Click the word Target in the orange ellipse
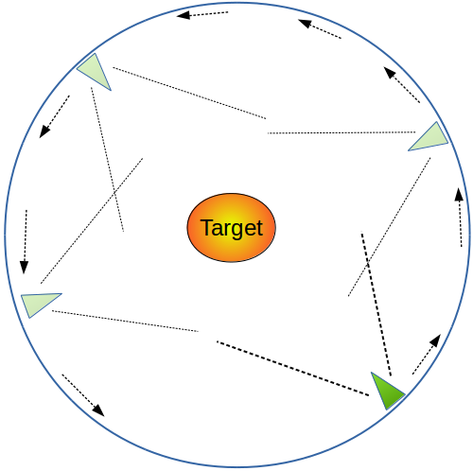232,228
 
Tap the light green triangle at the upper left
96,71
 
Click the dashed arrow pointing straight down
25,242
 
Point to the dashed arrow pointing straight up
460,218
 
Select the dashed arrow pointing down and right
83,395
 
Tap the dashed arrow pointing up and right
427,355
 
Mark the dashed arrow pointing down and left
54,116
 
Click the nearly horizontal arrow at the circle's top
202,14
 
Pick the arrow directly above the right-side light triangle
402,84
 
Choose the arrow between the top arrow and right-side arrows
320,28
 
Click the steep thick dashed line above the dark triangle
377,304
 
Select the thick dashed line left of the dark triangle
292,368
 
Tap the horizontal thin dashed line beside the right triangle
342,132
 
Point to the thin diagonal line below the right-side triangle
390,227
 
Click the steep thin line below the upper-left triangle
107,159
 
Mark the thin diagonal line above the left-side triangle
92,220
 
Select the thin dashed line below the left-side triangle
125,322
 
